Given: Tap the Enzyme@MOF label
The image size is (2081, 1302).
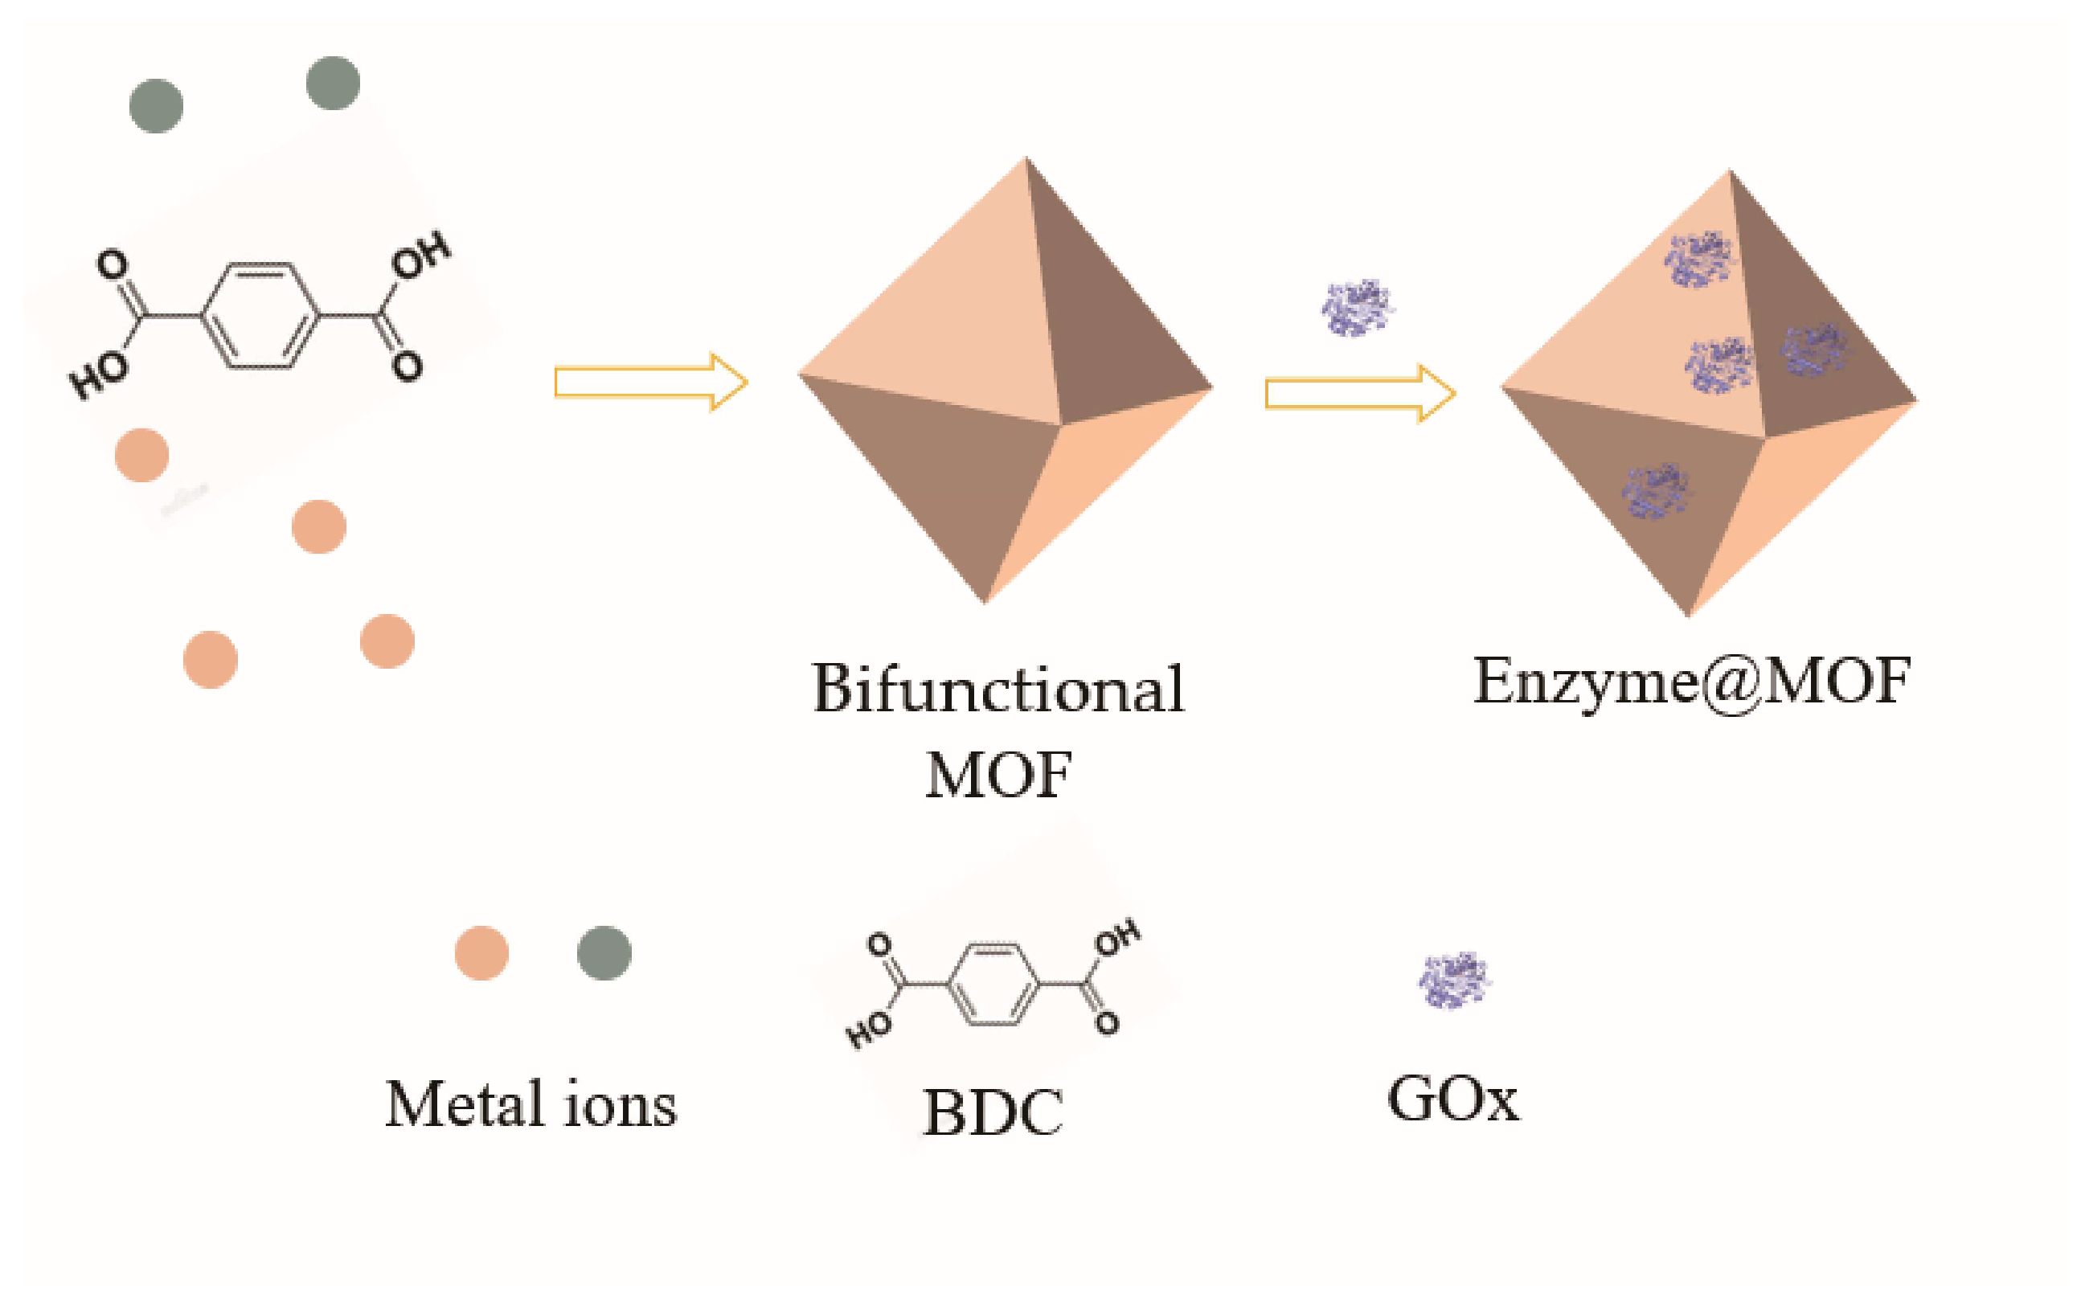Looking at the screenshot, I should [1692, 682].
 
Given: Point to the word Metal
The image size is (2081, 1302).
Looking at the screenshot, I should [464, 1104].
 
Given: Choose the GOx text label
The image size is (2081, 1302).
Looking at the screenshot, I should [1452, 1099].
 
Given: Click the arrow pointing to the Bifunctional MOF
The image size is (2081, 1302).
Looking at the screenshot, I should [650, 382].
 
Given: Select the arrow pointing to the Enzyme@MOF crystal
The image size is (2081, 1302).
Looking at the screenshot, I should [1359, 394].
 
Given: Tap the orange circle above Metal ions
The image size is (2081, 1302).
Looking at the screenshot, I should [481, 953].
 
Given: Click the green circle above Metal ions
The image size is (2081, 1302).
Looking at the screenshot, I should [604, 953].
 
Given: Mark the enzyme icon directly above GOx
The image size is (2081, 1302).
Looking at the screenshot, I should [1454, 980].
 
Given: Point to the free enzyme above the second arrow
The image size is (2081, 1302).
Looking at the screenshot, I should [1358, 307].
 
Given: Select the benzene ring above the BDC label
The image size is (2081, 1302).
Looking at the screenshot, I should [993, 985].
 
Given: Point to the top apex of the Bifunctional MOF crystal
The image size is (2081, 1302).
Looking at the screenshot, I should [1025, 159].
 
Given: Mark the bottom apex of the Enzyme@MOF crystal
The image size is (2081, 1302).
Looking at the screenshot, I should [1687, 615].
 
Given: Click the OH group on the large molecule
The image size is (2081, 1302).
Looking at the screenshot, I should [420, 256].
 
